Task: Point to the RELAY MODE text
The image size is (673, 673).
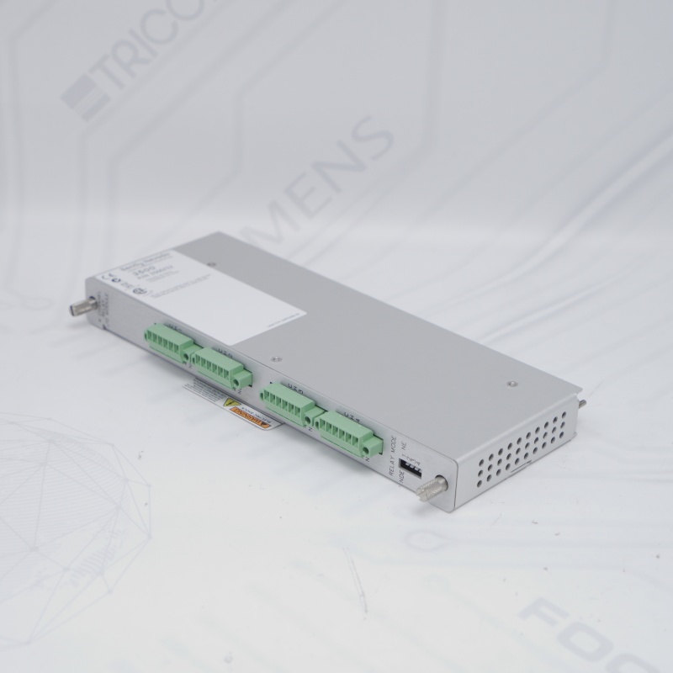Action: click(x=395, y=455)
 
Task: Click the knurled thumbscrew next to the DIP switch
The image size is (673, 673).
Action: click(x=435, y=486)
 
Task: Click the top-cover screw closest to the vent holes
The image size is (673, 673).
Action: click(x=511, y=384)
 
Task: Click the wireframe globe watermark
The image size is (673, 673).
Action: click(x=63, y=513)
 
